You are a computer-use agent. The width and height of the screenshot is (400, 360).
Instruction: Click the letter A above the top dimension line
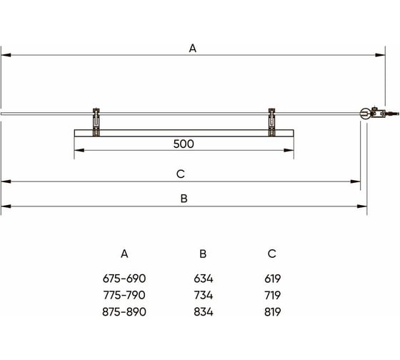(193, 49)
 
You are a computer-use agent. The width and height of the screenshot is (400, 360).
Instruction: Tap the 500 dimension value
(184, 144)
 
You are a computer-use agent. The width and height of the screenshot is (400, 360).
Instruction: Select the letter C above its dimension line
(180, 174)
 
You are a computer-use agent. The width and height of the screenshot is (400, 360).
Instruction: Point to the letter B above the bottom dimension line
(184, 199)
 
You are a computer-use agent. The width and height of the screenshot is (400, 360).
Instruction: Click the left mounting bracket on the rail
(96, 122)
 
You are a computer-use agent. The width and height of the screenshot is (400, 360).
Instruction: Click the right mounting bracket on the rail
(271, 122)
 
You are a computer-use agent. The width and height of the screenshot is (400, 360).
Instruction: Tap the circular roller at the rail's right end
(364, 114)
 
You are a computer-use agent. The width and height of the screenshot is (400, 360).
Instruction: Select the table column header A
(124, 254)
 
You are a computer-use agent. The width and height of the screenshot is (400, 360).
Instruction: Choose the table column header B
(203, 254)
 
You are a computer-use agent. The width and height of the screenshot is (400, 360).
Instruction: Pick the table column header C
(272, 254)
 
